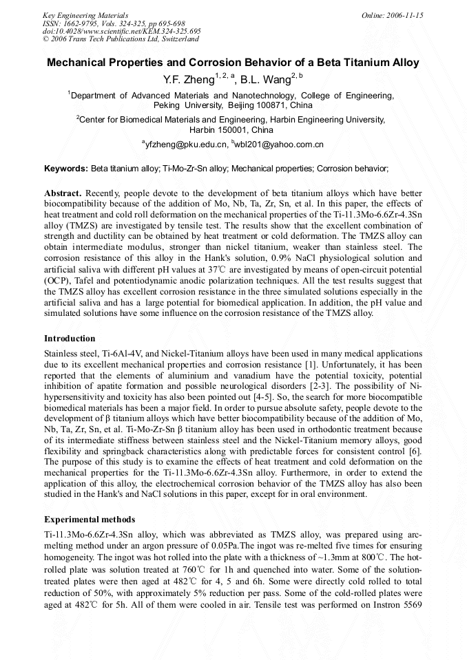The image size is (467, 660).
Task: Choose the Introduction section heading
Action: point(70,339)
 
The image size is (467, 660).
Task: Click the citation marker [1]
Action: point(312,363)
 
